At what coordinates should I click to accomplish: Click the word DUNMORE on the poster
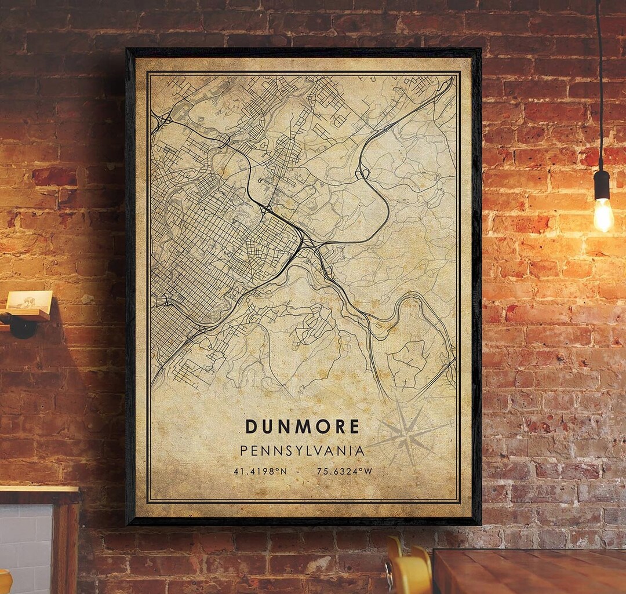click(302, 427)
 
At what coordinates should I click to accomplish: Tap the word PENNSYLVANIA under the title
click(302, 450)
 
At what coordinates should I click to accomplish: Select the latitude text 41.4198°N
click(260, 471)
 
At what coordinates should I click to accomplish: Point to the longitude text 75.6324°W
click(344, 471)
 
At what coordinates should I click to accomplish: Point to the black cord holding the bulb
click(599, 87)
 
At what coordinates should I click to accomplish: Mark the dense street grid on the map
click(214, 243)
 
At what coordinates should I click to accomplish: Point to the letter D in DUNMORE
click(251, 427)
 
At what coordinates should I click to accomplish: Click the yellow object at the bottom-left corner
click(5, 582)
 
